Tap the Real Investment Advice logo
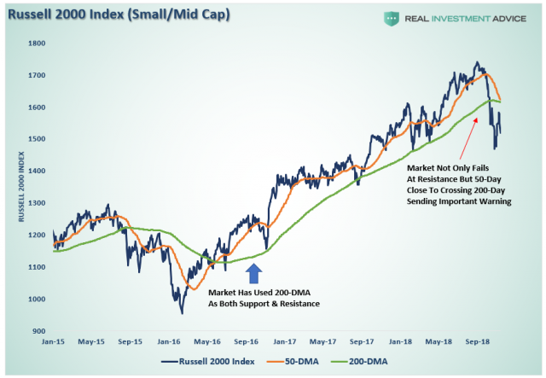452,20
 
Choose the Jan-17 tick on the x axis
284,340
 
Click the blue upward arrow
253,272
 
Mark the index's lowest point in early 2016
181,312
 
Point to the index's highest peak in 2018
478,62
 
